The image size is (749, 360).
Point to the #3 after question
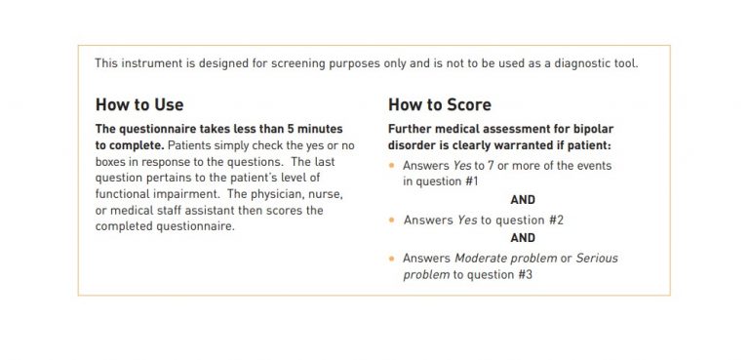tap(520, 275)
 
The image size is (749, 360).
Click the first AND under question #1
tap(523, 200)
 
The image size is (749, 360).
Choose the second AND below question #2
tap(523, 238)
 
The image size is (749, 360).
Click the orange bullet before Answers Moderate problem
tap(392, 259)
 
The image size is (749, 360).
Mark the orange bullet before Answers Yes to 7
tap(392, 166)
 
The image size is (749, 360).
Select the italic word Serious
tap(597, 259)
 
